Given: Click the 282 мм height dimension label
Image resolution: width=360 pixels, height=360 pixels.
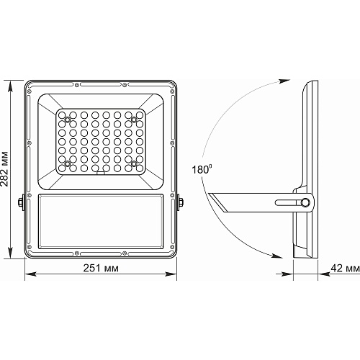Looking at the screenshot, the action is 4,169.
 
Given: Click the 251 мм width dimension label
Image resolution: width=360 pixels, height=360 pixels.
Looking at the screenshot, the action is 101,268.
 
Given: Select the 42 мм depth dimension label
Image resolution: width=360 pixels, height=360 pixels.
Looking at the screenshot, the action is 345,268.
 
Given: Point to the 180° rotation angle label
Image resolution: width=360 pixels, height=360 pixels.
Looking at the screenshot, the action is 202,169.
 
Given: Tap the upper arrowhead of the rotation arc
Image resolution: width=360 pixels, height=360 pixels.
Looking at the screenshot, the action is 284,81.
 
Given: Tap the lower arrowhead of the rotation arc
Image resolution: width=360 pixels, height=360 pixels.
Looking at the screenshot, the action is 276,256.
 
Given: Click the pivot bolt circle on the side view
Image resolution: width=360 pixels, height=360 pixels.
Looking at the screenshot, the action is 305,202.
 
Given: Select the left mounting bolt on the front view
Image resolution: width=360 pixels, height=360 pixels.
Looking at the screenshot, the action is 21,202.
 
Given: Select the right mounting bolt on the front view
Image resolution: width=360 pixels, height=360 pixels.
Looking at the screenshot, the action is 180,202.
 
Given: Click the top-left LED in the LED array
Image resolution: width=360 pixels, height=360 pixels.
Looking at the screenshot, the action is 62,115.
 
